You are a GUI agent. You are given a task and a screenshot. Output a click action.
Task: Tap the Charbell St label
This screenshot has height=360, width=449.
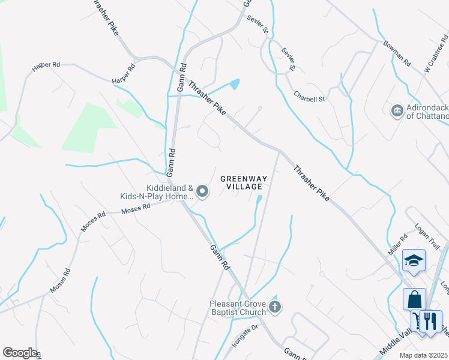(309, 96)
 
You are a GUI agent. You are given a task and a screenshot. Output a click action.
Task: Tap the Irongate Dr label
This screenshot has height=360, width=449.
(244, 336)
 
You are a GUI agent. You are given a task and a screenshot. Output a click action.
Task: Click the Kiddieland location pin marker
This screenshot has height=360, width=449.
(203, 192)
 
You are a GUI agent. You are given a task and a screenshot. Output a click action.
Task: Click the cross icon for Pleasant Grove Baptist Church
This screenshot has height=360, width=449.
(275, 308)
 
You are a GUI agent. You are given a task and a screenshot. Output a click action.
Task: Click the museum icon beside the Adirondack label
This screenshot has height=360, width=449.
(396, 110)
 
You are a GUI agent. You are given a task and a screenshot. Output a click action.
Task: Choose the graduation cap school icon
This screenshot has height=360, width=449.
(414, 260)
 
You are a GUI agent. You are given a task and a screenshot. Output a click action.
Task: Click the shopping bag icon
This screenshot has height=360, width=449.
(414, 298)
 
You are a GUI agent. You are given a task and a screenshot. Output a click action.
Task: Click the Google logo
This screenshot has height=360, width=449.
(20, 353)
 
